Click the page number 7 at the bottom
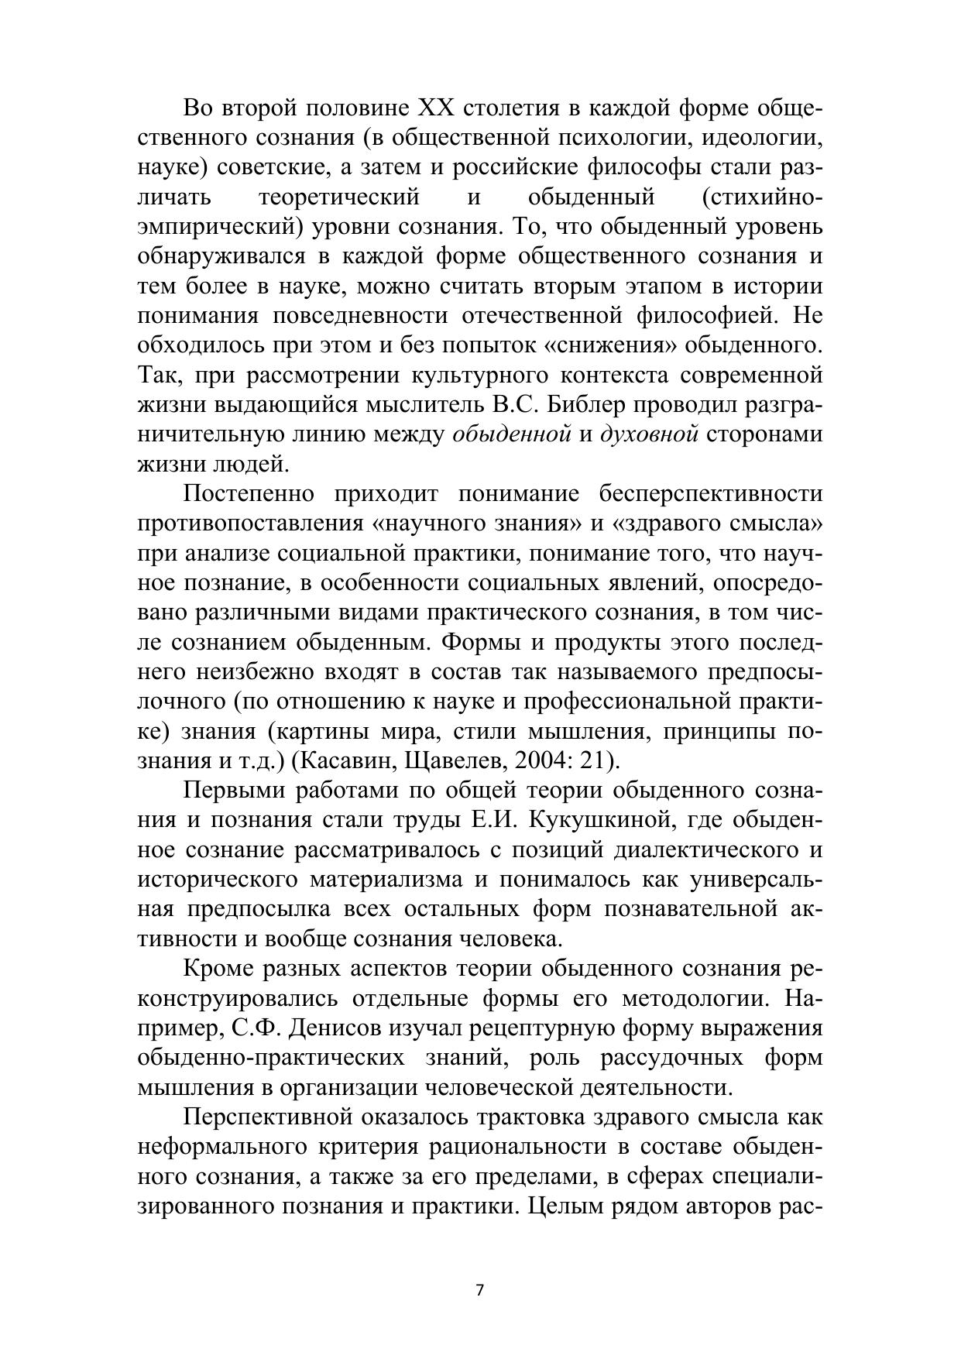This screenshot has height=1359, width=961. click(x=479, y=1290)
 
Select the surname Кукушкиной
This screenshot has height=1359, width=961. click(x=594, y=820)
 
